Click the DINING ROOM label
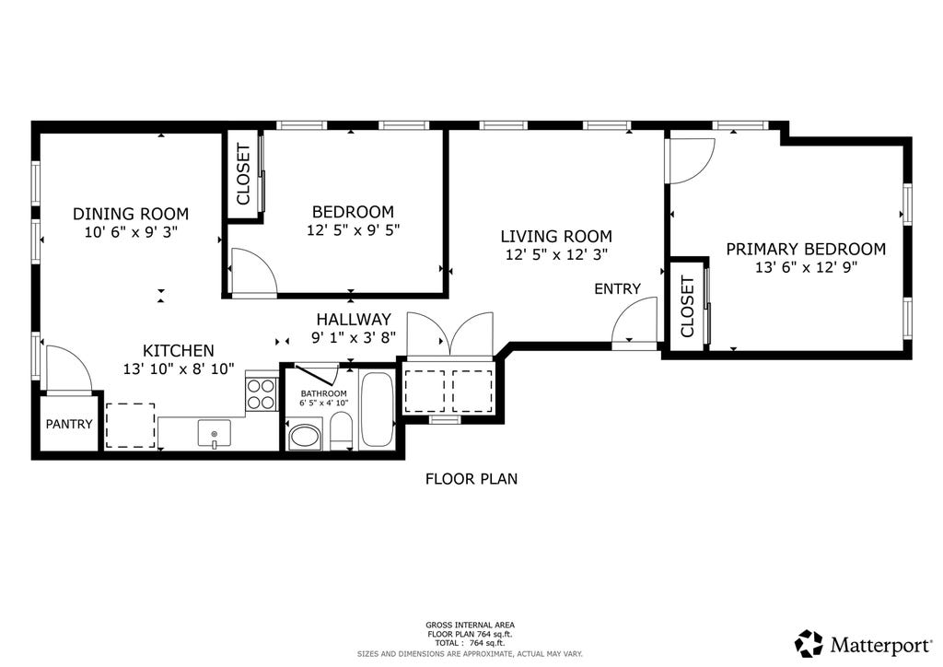point(131,214)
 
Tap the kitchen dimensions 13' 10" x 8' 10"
point(179,369)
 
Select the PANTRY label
point(69,424)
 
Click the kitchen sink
point(214,434)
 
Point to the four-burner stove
point(262,394)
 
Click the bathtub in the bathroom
point(377,410)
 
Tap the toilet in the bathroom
point(341,430)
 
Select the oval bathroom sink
point(306,438)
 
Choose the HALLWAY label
point(354,319)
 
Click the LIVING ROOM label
point(556,237)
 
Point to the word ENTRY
point(617,288)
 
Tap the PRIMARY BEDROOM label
point(806,249)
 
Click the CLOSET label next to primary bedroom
point(687,307)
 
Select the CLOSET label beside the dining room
point(243,174)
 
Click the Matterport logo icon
point(809,644)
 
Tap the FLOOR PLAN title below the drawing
point(471,479)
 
